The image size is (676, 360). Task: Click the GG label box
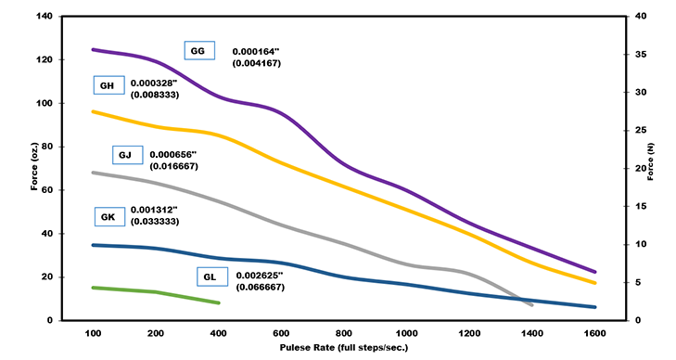[x=198, y=51]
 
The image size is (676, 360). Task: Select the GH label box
[x=107, y=85]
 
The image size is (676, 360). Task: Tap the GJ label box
[x=127, y=154]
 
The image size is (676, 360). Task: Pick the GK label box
[x=108, y=216]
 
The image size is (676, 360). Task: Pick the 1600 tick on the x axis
[x=594, y=332]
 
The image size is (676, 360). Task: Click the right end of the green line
[x=219, y=302]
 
